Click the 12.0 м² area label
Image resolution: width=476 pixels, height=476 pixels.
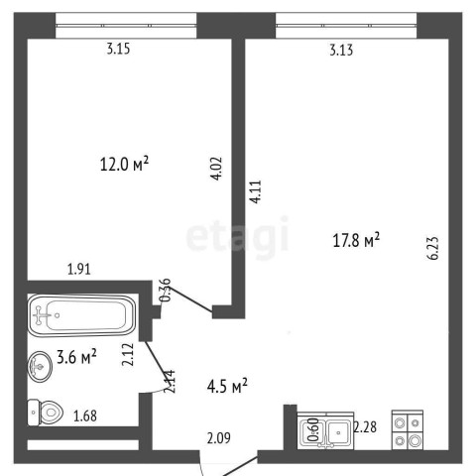pyautogui.click(x=124, y=164)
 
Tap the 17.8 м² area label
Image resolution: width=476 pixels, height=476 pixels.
pyautogui.click(x=356, y=240)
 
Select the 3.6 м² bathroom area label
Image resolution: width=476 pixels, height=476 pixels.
pyautogui.click(x=76, y=356)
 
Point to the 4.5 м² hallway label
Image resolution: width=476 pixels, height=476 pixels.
pyautogui.click(x=227, y=386)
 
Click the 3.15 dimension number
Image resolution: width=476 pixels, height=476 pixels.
pyautogui.click(x=118, y=49)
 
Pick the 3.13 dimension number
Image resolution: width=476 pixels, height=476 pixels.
pyautogui.click(x=341, y=50)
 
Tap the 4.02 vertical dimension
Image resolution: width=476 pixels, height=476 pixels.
pyautogui.click(x=216, y=169)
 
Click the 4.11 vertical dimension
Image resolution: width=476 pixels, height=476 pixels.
pyautogui.click(x=256, y=191)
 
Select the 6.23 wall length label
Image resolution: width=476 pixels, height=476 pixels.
pyautogui.click(x=433, y=248)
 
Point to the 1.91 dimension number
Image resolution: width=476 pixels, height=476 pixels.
pyautogui.click(x=79, y=269)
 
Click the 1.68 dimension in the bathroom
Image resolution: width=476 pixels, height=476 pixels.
pyautogui.click(x=85, y=416)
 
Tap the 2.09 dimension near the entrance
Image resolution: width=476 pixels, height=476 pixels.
pyautogui.click(x=219, y=438)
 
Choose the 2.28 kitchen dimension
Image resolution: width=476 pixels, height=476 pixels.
pyautogui.click(x=365, y=426)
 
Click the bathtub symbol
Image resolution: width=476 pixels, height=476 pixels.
pyautogui.click(x=81, y=315)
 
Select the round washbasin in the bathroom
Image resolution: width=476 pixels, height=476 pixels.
pyautogui.click(x=40, y=366)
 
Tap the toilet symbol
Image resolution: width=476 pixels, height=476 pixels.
pyautogui.click(x=46, y=413)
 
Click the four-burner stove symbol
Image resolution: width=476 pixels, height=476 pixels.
pyautogui.click(x=408, y=430)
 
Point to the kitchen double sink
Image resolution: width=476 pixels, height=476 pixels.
pyautogui.click(x=325, y=430)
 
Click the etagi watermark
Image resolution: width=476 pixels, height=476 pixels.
pyautogui.click(x=237, y=235)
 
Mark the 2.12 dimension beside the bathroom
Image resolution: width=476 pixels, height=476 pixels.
pyautogui.click(x=128, y=355)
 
